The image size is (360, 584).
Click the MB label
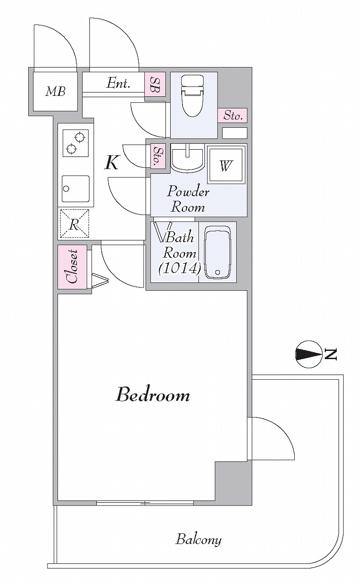tap(56, 91)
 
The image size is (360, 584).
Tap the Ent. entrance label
tap(118, 83)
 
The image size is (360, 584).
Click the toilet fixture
tap(193, 96)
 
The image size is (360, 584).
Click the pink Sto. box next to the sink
tap(158, 156)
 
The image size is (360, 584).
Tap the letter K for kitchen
tap(112, 162)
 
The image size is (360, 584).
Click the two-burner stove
tap(76, 143)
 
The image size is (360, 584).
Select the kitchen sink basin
tap(75, 188)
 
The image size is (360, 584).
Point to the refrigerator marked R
tap(74, 224)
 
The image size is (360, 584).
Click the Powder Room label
tap(188, 200)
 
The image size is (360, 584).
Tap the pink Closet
tap(72, 267)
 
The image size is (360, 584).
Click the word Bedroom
tap(153, 395)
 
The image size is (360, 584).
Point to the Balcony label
tap(198, 539)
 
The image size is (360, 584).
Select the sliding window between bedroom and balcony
tap(145, 503)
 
